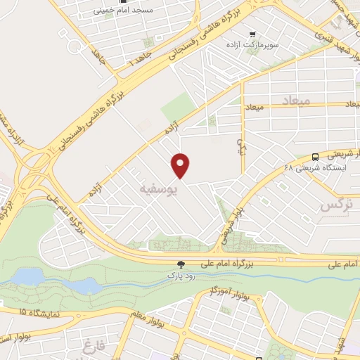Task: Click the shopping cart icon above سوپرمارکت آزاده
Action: coord(252,33)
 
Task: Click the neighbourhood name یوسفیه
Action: coord(154,189)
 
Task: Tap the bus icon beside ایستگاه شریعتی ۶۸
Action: coord(315,157)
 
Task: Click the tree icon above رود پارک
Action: coord(181,264)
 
